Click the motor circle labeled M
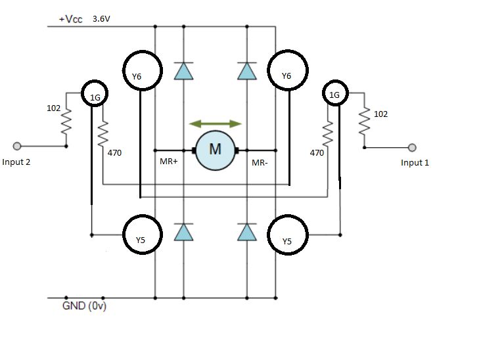[215, 150]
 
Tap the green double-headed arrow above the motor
[215, 124]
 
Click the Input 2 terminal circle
[18, 146]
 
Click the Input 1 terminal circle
[413, 147]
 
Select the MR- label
[260, 161]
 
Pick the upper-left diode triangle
[183, 71]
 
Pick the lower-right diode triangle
[246, 232]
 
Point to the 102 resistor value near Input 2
[54, 108]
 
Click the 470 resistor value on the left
[114, 152]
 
